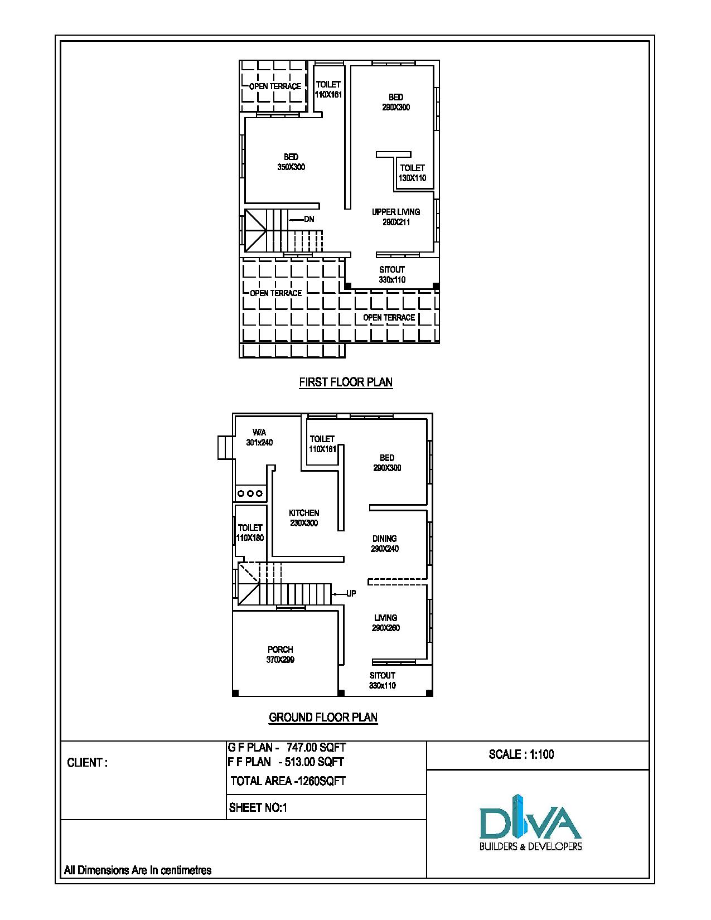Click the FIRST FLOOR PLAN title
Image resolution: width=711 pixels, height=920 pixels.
346,382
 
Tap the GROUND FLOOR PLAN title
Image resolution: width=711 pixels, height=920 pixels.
323,717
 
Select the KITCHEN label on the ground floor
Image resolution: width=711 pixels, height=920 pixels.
304,513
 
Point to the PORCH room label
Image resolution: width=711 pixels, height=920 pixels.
280,650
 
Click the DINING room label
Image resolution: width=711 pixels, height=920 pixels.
385,539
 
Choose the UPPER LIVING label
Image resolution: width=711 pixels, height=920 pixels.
396,212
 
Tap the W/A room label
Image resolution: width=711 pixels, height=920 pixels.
259,432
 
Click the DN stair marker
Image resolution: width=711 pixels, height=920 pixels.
309,219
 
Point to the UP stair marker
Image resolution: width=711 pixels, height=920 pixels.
351,594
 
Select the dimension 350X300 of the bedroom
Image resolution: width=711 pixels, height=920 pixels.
291,167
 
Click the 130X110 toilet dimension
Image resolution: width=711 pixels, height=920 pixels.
412,178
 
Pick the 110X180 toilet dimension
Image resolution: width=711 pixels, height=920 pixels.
250,538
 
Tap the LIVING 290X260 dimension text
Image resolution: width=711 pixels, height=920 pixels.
386,628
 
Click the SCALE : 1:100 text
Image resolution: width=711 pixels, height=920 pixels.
521,754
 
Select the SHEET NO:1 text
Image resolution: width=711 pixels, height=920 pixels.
258,808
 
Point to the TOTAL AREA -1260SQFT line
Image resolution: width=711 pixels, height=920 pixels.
288,781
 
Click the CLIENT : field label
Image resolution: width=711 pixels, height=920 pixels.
87,763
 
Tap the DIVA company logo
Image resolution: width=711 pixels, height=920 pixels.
530,823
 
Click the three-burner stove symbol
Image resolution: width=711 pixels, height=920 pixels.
250,493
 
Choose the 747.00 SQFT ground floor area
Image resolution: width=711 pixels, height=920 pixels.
316,747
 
